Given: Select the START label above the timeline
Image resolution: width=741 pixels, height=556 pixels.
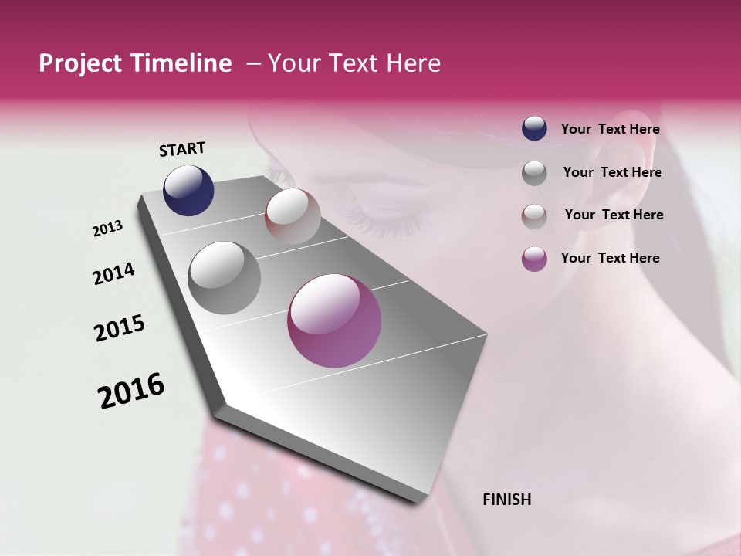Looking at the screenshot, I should (x=182, y=149).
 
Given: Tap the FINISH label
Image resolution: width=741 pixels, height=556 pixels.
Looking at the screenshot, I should (x=506, y=500).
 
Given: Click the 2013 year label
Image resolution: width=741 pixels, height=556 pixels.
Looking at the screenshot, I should (x=107, y=229).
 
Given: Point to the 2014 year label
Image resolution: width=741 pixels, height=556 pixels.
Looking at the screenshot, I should (x=113, y=273).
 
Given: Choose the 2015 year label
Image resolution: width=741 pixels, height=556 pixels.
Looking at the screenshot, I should (x=120, y=328).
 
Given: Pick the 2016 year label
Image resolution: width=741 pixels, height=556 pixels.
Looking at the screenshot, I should (x=131, y=391).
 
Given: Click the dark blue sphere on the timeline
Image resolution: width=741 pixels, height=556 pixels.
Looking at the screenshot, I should (x=188, y=191).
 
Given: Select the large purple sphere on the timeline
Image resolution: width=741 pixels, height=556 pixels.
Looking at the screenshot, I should (x=334, y=320).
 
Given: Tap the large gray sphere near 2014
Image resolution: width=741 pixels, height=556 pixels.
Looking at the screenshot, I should (x=224, y=278).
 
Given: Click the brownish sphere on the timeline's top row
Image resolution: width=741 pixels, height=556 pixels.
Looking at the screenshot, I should (x=293, y=216).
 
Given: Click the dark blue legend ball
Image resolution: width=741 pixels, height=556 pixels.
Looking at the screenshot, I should (x=534, y=128).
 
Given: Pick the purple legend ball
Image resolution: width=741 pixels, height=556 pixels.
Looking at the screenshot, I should (x=534, y=259).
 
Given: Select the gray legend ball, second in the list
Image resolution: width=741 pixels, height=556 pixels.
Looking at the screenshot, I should (x=534, y=173).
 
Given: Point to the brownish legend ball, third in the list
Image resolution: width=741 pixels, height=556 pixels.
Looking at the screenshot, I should (x=534, y=216).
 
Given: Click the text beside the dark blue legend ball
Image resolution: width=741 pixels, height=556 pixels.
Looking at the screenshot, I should (x=610, y=130).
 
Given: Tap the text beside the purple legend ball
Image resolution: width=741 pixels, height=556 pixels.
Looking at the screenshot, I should (x=610, y=258).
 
